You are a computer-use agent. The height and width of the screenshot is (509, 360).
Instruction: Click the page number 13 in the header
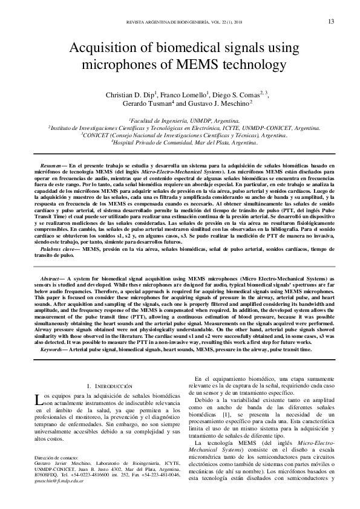point(331,22)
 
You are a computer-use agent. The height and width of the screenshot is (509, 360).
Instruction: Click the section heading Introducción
point(110,385)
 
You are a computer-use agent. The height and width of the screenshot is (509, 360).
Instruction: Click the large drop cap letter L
point(38,398)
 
